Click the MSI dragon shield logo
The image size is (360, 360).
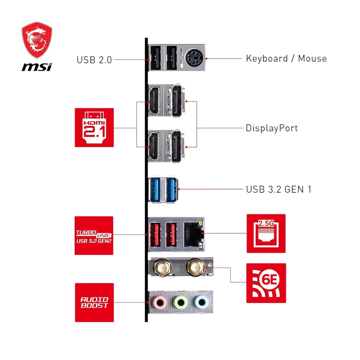(37, 40)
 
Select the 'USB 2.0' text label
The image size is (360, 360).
(94, 60)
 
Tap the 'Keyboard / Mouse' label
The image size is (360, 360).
(286, 58)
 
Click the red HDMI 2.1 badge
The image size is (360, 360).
(94, 127)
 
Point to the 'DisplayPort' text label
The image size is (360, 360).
(271, 128)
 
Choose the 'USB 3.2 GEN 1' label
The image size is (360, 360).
(278, 189)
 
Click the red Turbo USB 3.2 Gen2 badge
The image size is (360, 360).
(94, 235)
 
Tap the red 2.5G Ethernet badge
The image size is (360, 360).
(266, 233)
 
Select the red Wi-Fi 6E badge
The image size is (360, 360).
(266, 283)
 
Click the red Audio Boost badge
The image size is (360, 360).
(94, 302)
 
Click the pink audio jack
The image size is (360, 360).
(160, 302)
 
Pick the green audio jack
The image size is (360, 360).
(181, 302)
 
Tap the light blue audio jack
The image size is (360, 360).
(201, 302)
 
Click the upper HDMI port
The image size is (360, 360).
(154, 100)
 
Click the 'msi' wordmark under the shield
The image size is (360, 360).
(37, 67)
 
